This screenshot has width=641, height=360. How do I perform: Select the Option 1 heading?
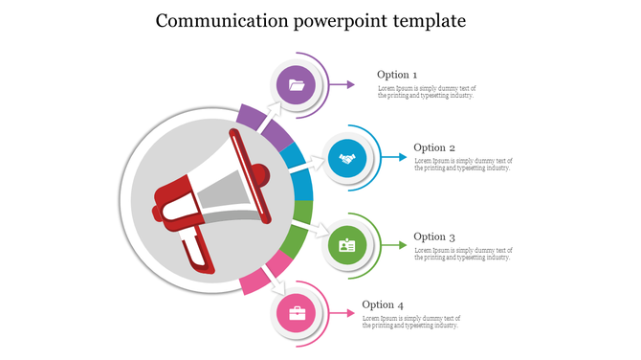pyautogui.click(x=396, y=75)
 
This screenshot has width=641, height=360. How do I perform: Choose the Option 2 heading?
pyautogui.click(x=433, y=147)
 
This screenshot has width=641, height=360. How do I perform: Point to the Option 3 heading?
pyautogui.click(x=433, y=236)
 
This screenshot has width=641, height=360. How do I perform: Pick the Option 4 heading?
pyautogui.click(x=382, y=305)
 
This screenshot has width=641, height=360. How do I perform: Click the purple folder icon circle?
pyautogui.click(x=297, y=85)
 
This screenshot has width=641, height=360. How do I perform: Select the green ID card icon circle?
pyautogui.click(x=346, y=246)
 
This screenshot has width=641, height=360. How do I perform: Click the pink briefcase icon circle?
pyautogui.click(x=297, y=314)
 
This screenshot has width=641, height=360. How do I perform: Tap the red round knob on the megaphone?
pyautogui.click(x=257, y=175)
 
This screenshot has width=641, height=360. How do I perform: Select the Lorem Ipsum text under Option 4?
pyautogui.click(x=410, y=322)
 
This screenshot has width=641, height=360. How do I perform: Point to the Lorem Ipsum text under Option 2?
pyautogui.click(x=462, y=165)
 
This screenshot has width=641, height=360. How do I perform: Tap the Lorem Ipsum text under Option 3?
pyautogui.click(x=462, y=254)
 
